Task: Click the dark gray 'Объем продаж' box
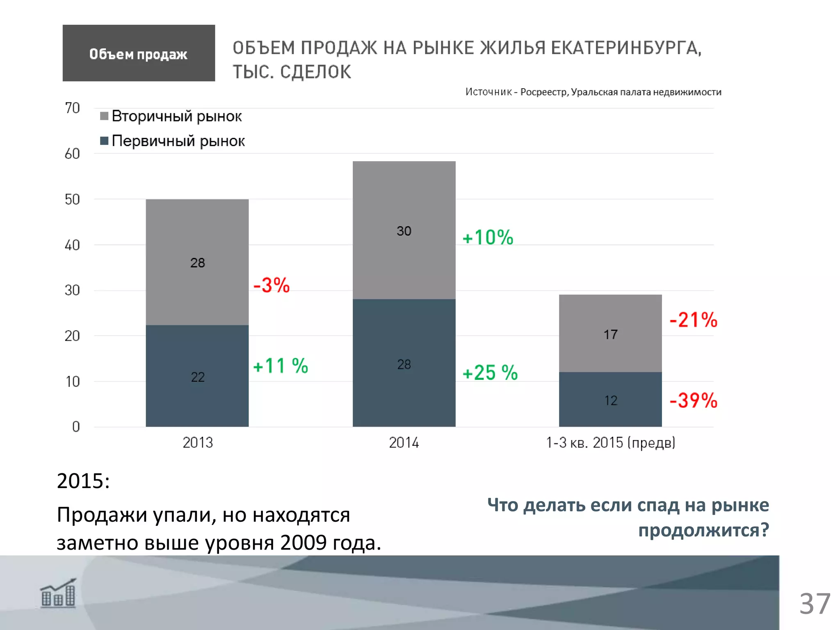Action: pos(139,53)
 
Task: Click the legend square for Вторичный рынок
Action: pos(104,116)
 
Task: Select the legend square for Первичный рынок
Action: pos(104,141)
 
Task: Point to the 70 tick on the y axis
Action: pos(72,108)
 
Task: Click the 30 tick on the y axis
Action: pos(72,290)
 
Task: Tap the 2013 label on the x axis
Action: pos(198,443)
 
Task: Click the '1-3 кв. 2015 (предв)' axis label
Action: pos(610,443)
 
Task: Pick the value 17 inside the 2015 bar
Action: pos(610,335)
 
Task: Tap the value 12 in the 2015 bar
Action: pos(610,401)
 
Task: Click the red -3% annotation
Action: pos(272,285)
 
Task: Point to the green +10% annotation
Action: pos(488,237)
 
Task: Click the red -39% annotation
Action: pos(693,401)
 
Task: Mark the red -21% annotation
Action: pos(693,320)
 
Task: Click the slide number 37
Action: pos(815,604)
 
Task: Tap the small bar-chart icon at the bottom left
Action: pos(58,593)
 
